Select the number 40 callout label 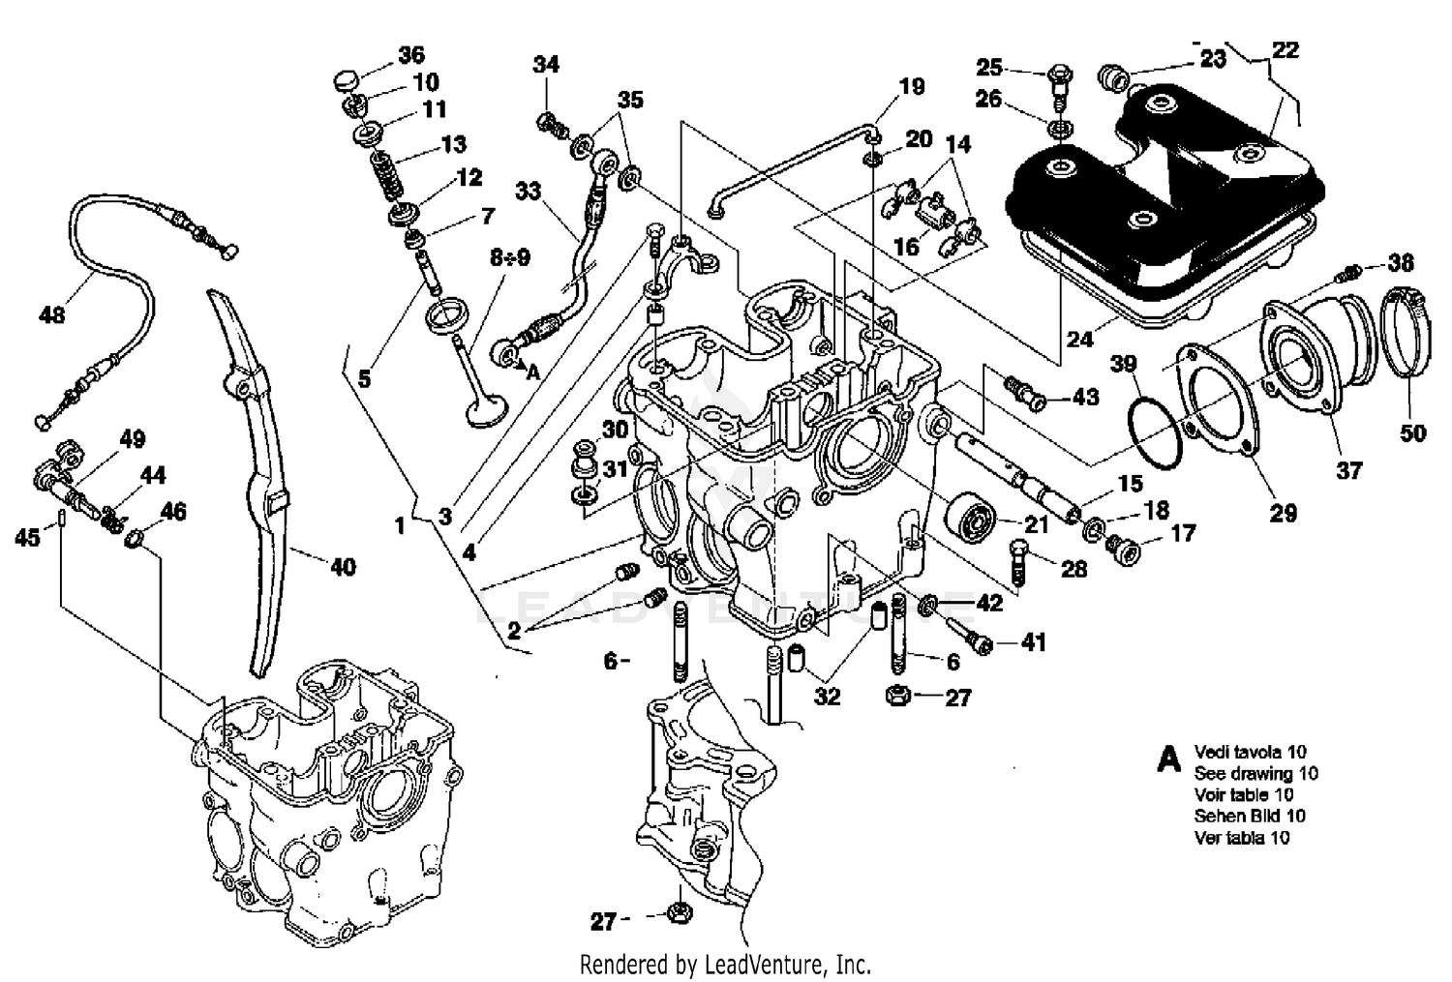343,567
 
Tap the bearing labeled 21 973,517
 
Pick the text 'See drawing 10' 1255,773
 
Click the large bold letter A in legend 1169,759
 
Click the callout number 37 1348,470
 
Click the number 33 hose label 528,191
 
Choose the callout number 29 1283,513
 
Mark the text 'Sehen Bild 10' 1249,816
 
